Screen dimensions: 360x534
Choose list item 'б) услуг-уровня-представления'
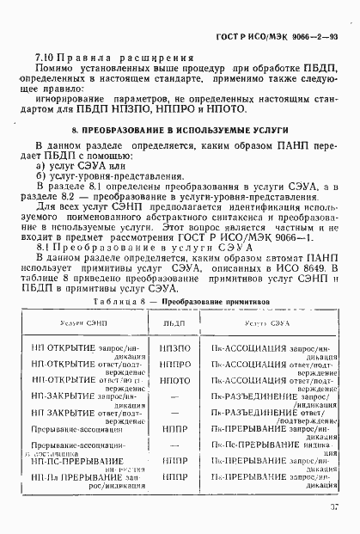100,175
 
